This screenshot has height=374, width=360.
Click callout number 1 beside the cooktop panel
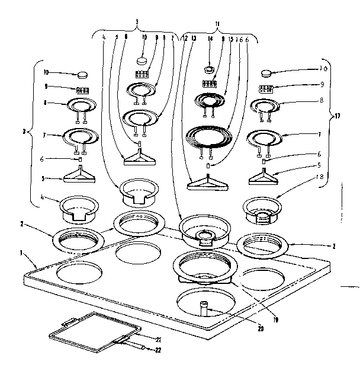(21, 252)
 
